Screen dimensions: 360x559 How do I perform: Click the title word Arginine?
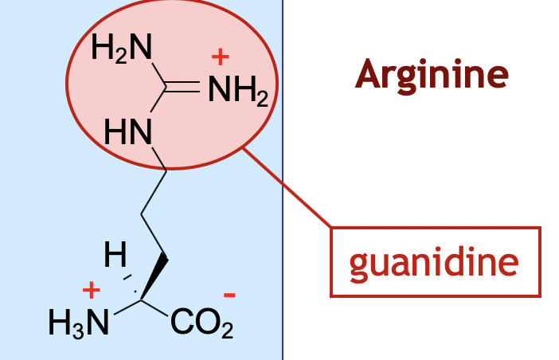[432, 76]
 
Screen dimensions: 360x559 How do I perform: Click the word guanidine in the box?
[435, 262]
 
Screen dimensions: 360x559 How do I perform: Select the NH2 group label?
[236, 93]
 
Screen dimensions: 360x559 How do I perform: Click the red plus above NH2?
[220, 57]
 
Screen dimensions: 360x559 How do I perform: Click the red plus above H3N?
[92, 290]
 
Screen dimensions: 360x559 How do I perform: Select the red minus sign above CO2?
[229, 295]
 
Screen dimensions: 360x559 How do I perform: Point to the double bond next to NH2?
[185, 89]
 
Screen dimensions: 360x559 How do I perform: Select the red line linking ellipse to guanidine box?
[287, 187]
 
